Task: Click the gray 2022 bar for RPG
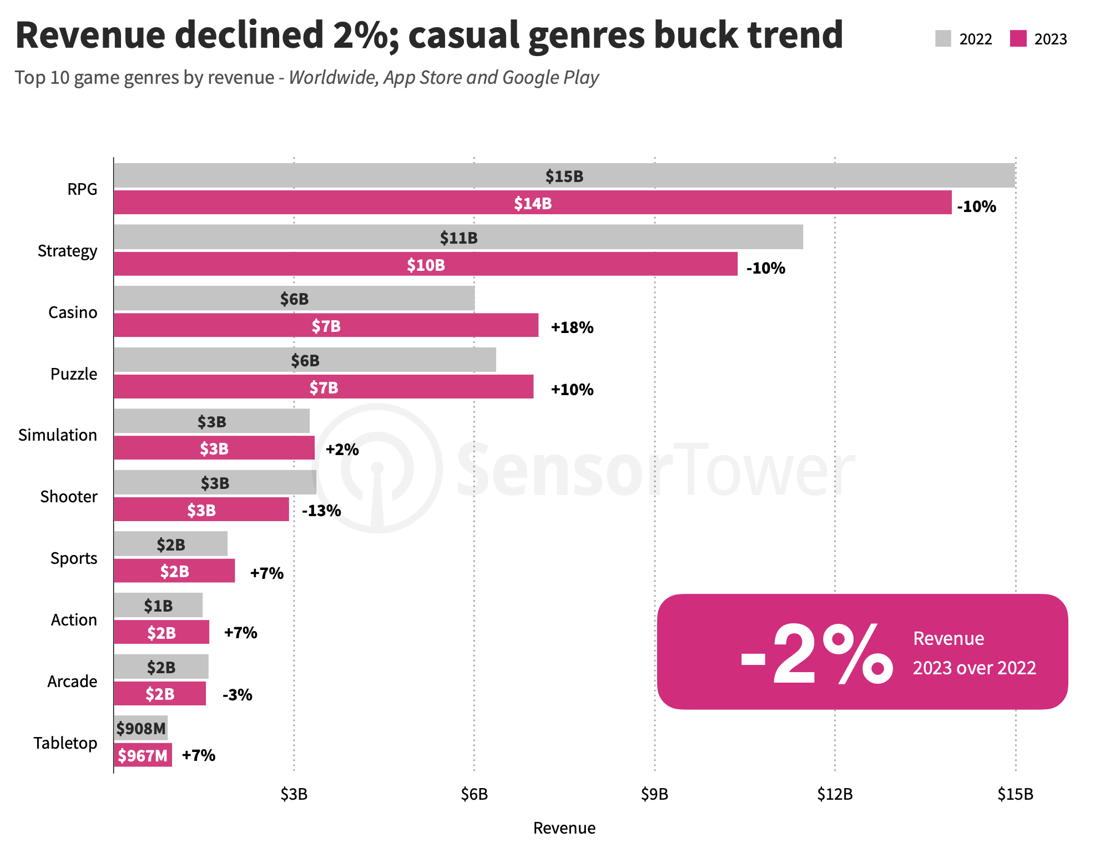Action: [564, 175]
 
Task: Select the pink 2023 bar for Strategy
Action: [426, 264]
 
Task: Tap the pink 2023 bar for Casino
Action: [326, 325]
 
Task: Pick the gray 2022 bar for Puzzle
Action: [305, 360]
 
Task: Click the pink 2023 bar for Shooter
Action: [201, 509]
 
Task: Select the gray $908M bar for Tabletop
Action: [141, 728]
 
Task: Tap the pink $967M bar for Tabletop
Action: [143, 755]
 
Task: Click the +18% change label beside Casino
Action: [572, 327]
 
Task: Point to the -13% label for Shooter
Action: [321, 511]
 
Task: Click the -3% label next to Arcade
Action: [237, 695]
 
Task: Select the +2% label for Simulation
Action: [342, 449]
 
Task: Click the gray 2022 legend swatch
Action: [943, 39]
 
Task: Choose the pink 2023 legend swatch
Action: [1018, 39]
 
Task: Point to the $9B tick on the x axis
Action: [654, 794]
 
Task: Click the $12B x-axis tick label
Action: [835, 794]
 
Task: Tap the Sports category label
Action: [73, 558]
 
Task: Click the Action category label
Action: [73, 619]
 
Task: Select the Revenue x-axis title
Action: [564, 828]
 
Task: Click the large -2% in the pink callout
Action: [816, 654]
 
